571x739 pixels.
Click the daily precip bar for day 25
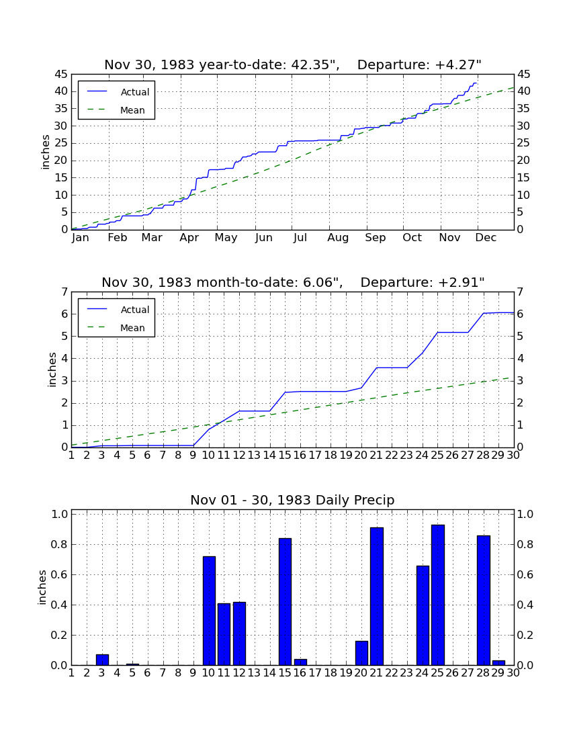click(438, 595)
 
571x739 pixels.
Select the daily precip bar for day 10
click(209, 611)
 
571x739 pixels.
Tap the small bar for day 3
click(102, 660)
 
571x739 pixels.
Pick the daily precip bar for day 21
click(377, 596)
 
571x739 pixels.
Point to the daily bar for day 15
click(285, 601)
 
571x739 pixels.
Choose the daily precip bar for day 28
click(484, 601)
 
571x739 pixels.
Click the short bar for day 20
click(361, 653)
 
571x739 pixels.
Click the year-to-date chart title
click(293, 64)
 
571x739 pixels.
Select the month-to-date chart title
click(293, 282)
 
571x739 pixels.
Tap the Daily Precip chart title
click(292, 500)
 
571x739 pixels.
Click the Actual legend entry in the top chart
click(116, 92)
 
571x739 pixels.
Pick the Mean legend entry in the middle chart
click(116, 328)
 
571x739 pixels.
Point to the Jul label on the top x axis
click(300, 238)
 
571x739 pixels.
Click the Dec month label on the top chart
click(486, 238)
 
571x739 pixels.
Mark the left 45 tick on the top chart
click(62, 75)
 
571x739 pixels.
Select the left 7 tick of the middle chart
click(64, 292)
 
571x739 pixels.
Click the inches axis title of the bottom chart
click(42, 587)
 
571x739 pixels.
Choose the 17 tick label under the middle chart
click(315, 455)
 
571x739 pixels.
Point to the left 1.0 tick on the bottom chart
click(59, 514)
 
